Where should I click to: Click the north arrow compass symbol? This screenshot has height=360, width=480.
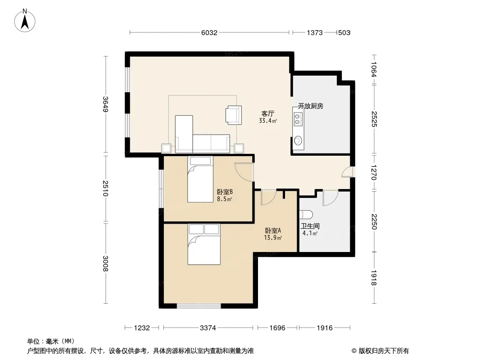(25, 21)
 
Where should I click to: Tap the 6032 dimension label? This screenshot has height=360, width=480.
(209, 33)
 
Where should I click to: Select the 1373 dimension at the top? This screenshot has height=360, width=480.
(315, 33)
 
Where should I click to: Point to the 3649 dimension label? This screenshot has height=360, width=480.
(105, 104)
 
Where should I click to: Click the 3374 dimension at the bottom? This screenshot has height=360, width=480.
(208, 328)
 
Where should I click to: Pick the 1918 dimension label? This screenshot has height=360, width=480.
(374, 278)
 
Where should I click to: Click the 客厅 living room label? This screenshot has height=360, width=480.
(267, 114)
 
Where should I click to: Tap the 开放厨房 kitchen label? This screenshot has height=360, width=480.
(311, 106)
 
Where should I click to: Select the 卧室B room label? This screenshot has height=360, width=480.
(225, 192)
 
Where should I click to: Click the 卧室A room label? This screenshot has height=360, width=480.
(273, 230)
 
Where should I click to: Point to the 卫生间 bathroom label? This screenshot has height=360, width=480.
(310, 226)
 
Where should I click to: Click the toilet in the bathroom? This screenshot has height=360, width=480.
(306, 215)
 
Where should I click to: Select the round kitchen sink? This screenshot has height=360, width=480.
(298, 141)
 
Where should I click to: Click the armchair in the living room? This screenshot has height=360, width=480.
(234, 115)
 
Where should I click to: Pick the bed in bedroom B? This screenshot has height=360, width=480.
(200, 179)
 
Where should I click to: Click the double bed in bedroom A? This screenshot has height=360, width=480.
(204, 244)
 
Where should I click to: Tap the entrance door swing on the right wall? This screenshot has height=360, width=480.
(349, 172)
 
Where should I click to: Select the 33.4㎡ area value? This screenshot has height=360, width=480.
(268, 121)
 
